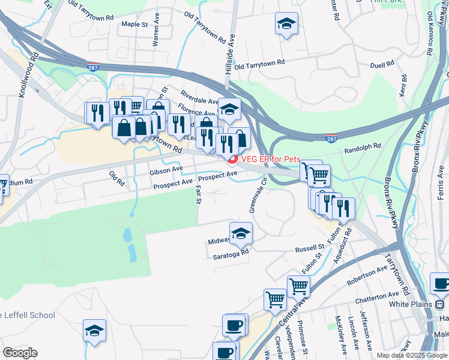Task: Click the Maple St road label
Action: (134, 25)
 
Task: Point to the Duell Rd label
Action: (382, 63)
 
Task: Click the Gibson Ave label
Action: (166, 170)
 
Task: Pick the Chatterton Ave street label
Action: (376, 296)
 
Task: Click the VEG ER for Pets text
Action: (271, 159)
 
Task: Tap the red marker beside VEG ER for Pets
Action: (232, 158)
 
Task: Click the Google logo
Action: (20, 353)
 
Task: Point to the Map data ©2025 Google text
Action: (412, 355)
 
